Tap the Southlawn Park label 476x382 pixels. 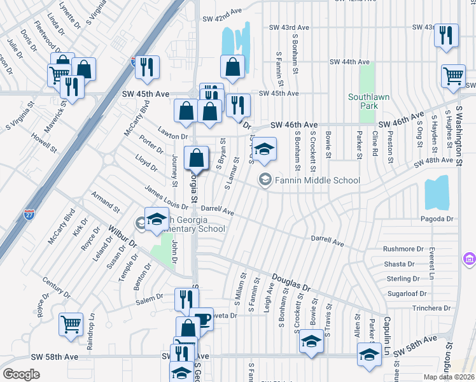368,102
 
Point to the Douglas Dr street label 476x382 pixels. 291,283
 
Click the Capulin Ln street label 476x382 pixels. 386,337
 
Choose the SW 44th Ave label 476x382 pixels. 349,62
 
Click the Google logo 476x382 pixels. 21,374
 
